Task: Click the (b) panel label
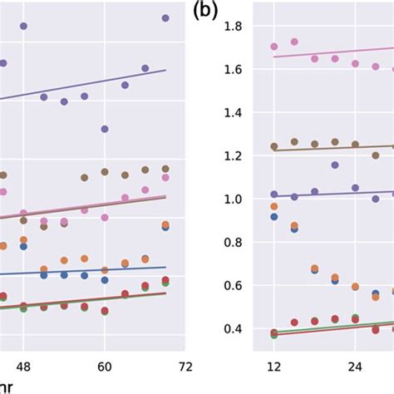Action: (206, 12)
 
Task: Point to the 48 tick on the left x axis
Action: (23, 366)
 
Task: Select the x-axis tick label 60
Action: (105, 366)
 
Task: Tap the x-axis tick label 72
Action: (185, 366)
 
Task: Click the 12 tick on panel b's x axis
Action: (273, 366)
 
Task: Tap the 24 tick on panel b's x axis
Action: (355, 366)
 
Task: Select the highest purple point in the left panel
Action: (165, 17)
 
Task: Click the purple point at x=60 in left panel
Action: (105, 129)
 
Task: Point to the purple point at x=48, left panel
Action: (23, 27)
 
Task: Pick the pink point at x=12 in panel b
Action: (274, 47)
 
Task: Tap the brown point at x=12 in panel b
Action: (274, 146)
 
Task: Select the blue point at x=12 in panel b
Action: (274, 216)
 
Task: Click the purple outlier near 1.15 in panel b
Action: (335, 165)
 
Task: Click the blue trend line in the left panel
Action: (83, 272)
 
